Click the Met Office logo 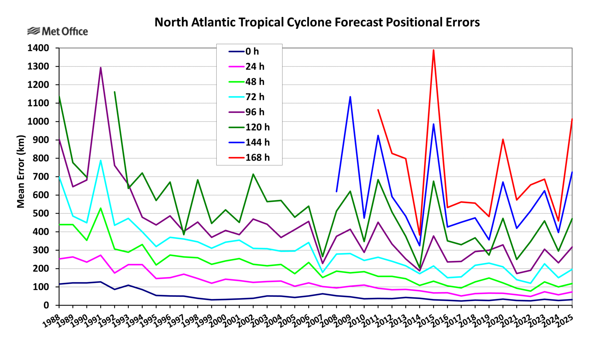point(58,31)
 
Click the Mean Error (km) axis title point(21,171)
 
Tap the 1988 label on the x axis point(51,321)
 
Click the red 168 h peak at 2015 point(433,50)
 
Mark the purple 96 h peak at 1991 point(101,67)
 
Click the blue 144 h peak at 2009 point(350,97)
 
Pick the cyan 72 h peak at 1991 point(101,160)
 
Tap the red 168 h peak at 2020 point(503,139)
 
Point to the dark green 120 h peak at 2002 point(253,174)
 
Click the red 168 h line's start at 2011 point(378,110)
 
